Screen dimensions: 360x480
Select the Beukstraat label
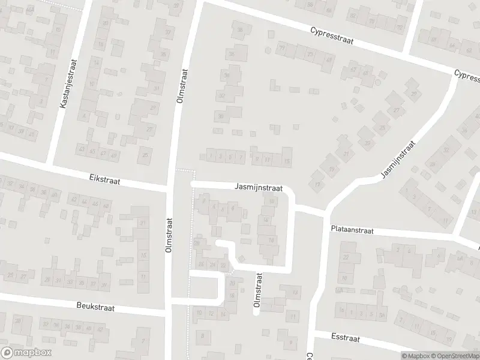[x=95, y=307]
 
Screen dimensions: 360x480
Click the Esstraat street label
[x=345, y=338]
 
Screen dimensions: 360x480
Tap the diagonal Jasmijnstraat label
[x=397, y=159]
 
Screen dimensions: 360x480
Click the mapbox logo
[x=25, y=352]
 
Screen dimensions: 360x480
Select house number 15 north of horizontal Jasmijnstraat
[x=287, y=161]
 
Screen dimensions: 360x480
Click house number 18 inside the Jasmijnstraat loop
[x=271, y=240]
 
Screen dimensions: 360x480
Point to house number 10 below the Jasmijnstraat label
[x=272, y=202]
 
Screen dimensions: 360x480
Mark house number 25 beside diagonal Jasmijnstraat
[x=382, y=127]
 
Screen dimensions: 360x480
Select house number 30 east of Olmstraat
[x=221, y=117]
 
